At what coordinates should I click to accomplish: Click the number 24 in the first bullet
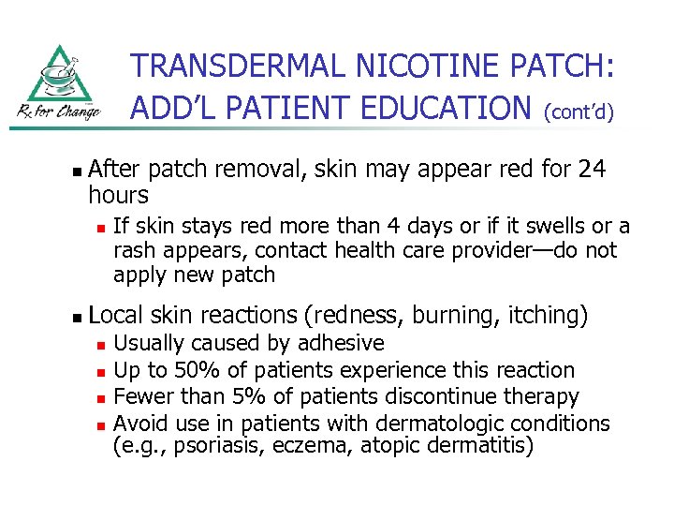pos(592,170)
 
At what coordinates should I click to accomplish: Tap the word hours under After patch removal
pos(119,195)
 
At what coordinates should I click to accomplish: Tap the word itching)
pos(549,317)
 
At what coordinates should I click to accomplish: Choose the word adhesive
pos(339,344)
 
